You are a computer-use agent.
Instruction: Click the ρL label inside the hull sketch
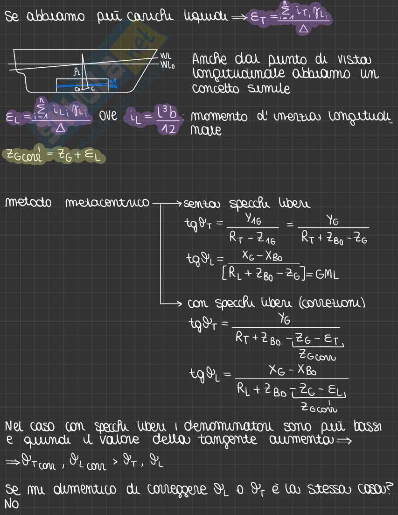click(77, 72)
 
